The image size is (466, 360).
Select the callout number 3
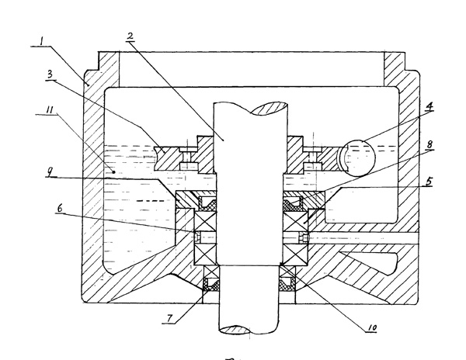click(x=50, y=74)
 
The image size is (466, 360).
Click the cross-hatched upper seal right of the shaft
click(x=294, y=203)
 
